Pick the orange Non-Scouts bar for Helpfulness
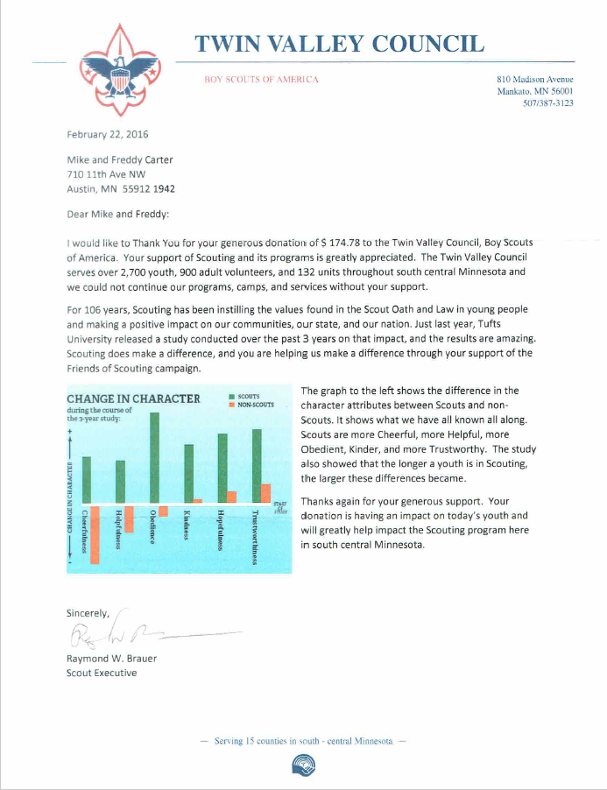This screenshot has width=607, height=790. tap(129, 519)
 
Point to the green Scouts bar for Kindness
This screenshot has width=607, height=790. tap(188, 474)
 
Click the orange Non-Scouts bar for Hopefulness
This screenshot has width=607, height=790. tap(232, 497)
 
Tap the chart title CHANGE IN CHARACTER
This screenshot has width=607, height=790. tap(133, 399)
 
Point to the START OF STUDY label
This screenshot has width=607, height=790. tap(280, 507)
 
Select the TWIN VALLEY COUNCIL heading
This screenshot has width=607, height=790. tap(338, 44)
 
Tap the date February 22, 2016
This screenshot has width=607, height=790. tap(108, 135)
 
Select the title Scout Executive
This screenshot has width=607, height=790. tap(102, 673)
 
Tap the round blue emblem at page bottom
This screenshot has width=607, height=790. tap(303, 767)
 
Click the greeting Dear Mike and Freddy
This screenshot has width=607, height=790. tap(118, 214)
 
